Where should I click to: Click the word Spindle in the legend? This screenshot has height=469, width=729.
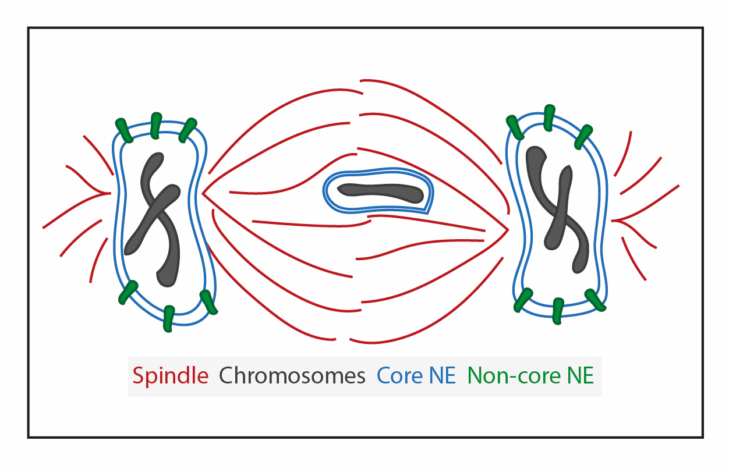click(170, 376)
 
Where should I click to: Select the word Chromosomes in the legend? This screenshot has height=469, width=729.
click(292, 376)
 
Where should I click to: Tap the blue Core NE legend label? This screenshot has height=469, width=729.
click(416, 376)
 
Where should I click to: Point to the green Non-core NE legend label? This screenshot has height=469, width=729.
click(530, 376)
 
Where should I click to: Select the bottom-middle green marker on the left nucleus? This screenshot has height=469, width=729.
click(168, 318)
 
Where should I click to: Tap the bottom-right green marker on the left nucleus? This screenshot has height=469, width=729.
click(208, 301)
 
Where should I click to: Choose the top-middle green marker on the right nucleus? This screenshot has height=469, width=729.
click(549, 116)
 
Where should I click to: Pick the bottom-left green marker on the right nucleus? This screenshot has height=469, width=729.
click(523, 299)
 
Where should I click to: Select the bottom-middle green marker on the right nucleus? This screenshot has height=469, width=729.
click(557, 310)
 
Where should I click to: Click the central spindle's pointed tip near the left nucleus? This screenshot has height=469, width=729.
click(202, 193)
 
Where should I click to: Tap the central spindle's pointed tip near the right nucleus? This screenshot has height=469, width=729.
click(508, 230)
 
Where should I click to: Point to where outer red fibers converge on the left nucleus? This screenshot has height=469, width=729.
click(109, 193)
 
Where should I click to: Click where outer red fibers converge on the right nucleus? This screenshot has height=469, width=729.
click(613, 221)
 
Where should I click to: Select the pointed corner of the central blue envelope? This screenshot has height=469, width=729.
click(429, 211)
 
